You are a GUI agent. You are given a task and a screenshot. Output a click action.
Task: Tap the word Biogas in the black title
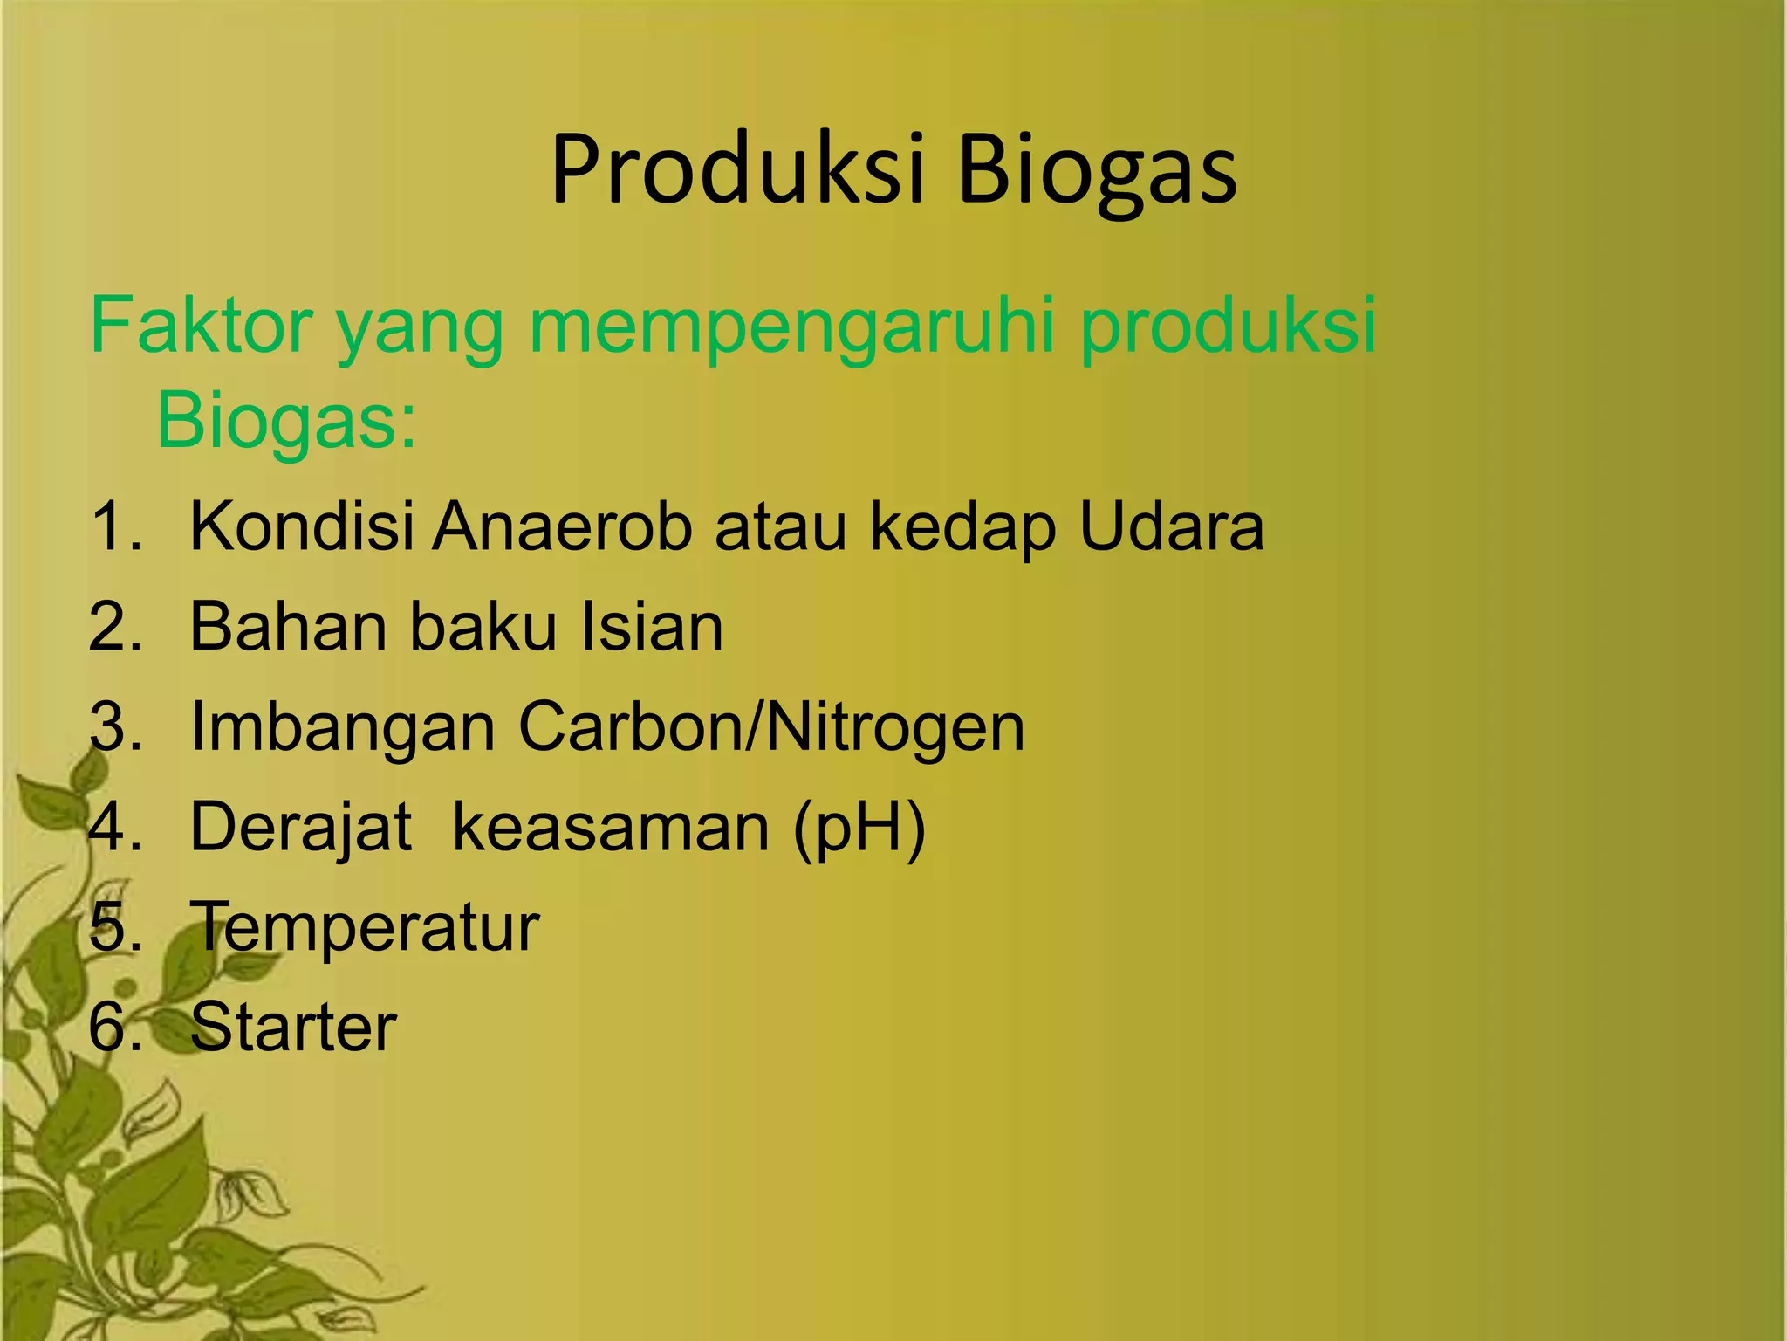coord(1097,172)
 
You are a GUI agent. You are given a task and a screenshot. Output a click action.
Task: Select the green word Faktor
coord(201,326)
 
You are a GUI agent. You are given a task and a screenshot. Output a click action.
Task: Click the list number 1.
coord(113,526)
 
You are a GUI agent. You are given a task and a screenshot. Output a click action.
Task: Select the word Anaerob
coord(563,526)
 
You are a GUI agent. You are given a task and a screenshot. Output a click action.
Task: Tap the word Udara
coord(1171,526)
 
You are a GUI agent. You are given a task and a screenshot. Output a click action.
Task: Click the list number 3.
coord(113,726)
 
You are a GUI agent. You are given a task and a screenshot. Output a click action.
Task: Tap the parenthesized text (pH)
coord(859,828)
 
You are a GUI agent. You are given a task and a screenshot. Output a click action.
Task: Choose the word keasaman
coord(611,828)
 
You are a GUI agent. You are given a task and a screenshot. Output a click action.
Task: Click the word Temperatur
coord(365,927)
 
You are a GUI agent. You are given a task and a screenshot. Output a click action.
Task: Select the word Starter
coord(293,1027)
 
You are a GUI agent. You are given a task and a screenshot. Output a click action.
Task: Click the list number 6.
coord(113,1027)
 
